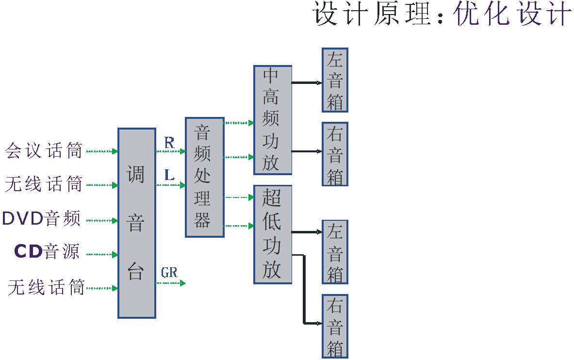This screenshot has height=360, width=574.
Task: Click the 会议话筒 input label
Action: (x=44, y=151)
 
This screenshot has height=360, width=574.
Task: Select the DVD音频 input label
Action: (x=41, y=219)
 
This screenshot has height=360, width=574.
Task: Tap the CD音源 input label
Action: (x=47, y=251)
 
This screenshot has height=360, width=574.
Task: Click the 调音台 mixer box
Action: (x=136, y=223)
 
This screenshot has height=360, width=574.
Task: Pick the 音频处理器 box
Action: (x=204, y=177)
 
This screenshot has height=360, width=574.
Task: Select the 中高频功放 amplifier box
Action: (x=272, y=120)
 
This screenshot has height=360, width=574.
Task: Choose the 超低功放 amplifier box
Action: (x=272, y=234)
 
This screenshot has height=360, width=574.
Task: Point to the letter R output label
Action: (x=169, y=143)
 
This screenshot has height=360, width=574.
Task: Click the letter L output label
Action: (x=169, y=175)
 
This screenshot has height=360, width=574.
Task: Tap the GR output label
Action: (x=169, y=273)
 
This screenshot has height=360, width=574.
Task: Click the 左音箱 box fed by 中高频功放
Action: (x=335, y=80)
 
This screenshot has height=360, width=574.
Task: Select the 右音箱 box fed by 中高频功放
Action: (x=335, y=154)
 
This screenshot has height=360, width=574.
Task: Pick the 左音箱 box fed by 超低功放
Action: (x=335, y=252)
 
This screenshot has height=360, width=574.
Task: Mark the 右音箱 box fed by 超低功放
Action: (x=335, y=326)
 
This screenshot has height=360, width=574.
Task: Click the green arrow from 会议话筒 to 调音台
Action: (x=102, y=151)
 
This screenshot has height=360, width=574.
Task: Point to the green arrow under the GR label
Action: (x=170, y=283)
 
